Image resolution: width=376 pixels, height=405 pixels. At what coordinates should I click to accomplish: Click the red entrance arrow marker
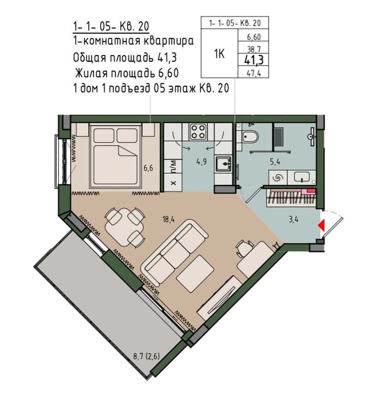(x=322, y=225)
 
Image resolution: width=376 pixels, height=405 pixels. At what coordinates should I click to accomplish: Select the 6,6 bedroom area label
(x=148, y=168)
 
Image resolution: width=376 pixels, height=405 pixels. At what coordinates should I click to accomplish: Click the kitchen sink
(x=224, y=163)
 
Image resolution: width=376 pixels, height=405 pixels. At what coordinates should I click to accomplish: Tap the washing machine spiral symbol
(x=278, y=176)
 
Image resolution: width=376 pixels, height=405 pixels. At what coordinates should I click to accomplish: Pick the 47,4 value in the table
(x=252, y=71)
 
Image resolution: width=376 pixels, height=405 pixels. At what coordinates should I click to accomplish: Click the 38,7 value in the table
(x=252, y=48)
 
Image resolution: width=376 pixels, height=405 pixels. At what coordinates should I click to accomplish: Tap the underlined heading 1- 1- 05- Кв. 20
(x=111, y=25)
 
